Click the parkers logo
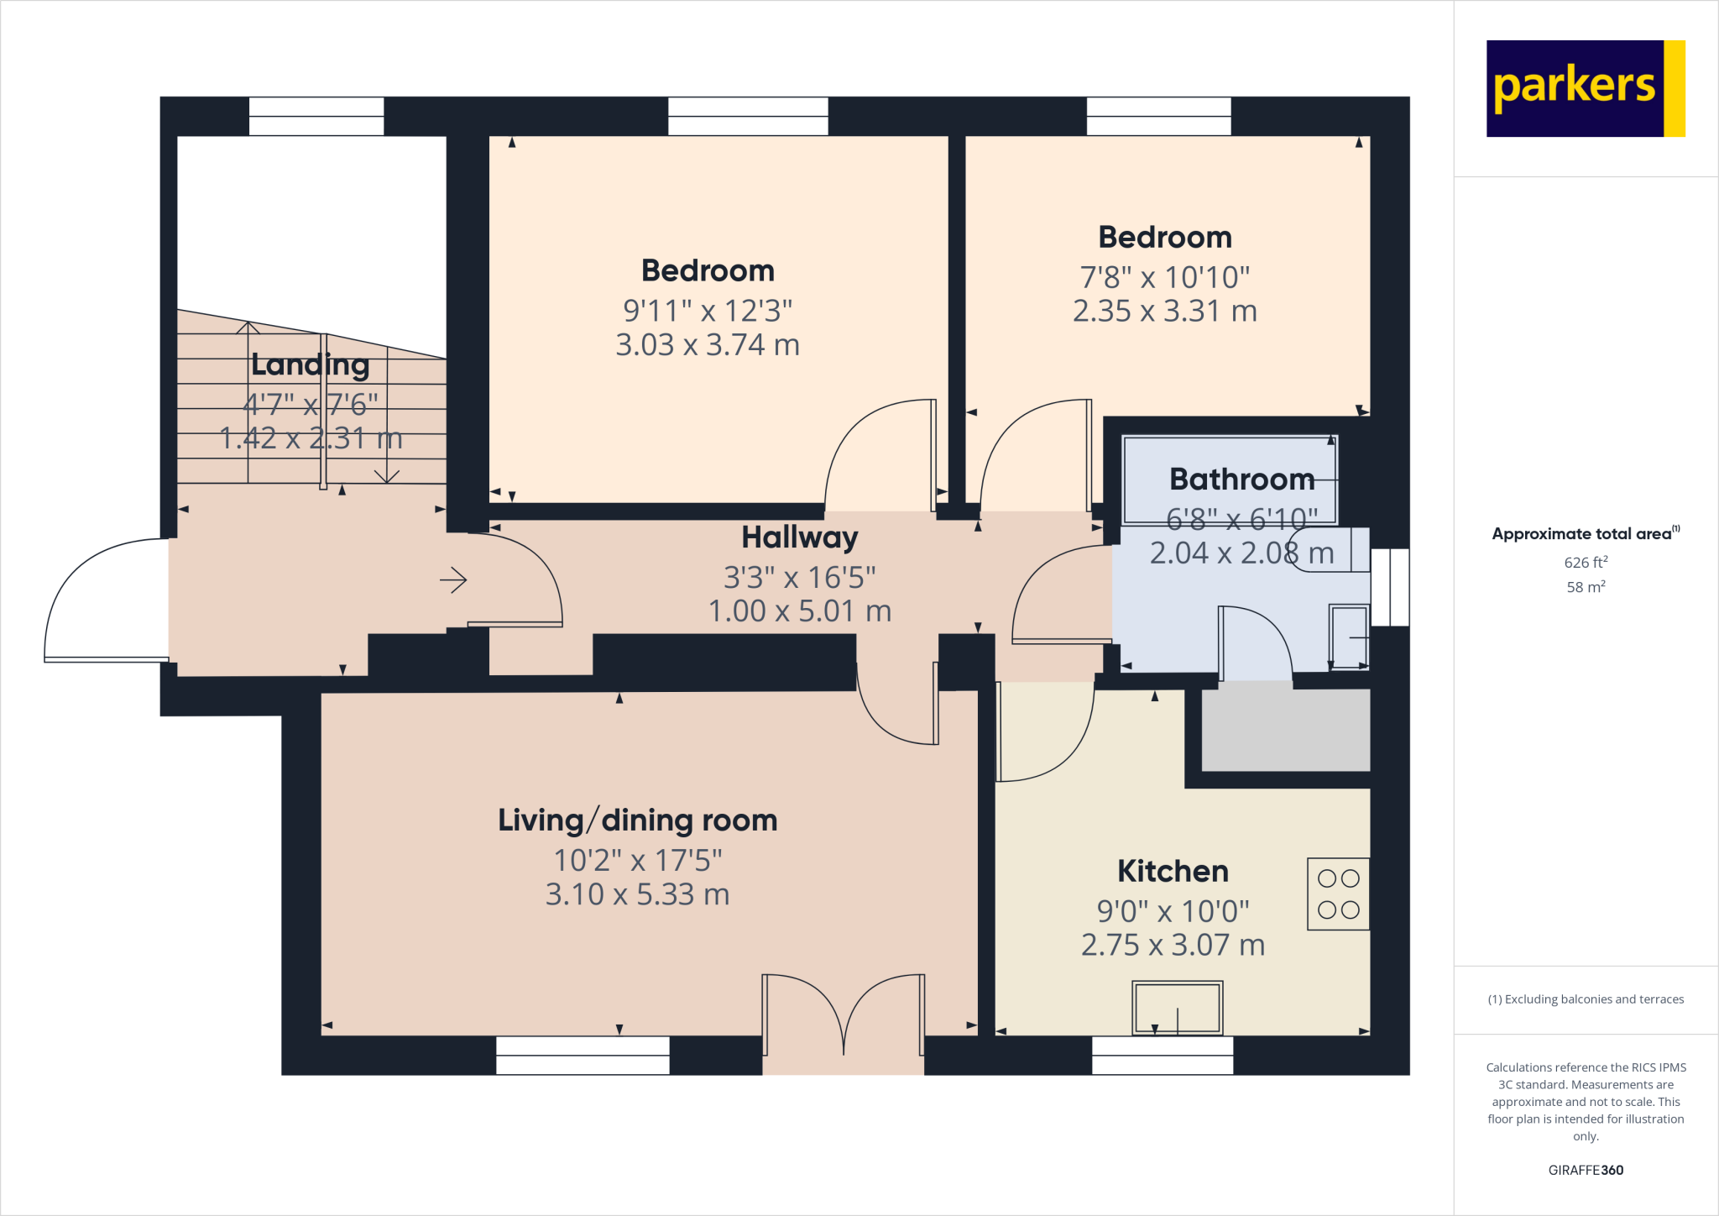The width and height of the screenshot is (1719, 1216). pos(1585,88)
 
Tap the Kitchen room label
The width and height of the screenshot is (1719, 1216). pos(1173,871)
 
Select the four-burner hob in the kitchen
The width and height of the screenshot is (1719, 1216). pos(1338,894)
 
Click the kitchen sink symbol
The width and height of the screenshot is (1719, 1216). pos(1177,1007)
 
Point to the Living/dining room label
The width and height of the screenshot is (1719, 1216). pos(637,820)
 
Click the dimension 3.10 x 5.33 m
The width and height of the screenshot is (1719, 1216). pos(637,894)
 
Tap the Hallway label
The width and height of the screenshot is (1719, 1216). pos(799,537)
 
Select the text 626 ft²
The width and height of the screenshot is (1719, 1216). pos(1586,563)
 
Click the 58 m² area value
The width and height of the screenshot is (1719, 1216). pos(1586,587)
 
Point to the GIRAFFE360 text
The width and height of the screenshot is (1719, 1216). pos(1586,1170)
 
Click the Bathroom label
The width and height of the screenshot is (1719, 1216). pos(1241,479)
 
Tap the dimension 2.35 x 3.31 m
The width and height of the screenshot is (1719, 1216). pos(1164,312)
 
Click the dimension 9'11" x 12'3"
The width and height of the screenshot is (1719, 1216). pos(707,311)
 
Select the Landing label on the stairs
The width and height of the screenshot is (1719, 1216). pos(310,364)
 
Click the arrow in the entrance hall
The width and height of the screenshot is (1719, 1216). pos(453,579)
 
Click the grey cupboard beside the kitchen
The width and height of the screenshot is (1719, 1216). pos(1285,729)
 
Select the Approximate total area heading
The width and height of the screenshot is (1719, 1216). pos(1584,533)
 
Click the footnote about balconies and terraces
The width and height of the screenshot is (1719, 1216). pos(1586,999)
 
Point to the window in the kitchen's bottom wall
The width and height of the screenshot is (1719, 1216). pos(1162,1056)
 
